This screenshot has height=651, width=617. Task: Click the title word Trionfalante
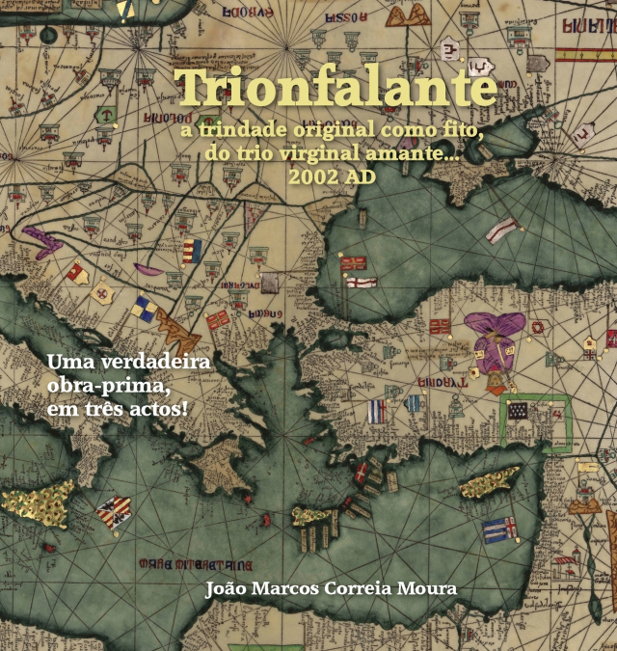(337, 89)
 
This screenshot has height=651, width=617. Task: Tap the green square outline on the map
(535, 421)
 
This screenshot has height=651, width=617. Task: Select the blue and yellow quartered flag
(146, 308)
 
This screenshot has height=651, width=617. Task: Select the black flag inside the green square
(522, 409)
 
